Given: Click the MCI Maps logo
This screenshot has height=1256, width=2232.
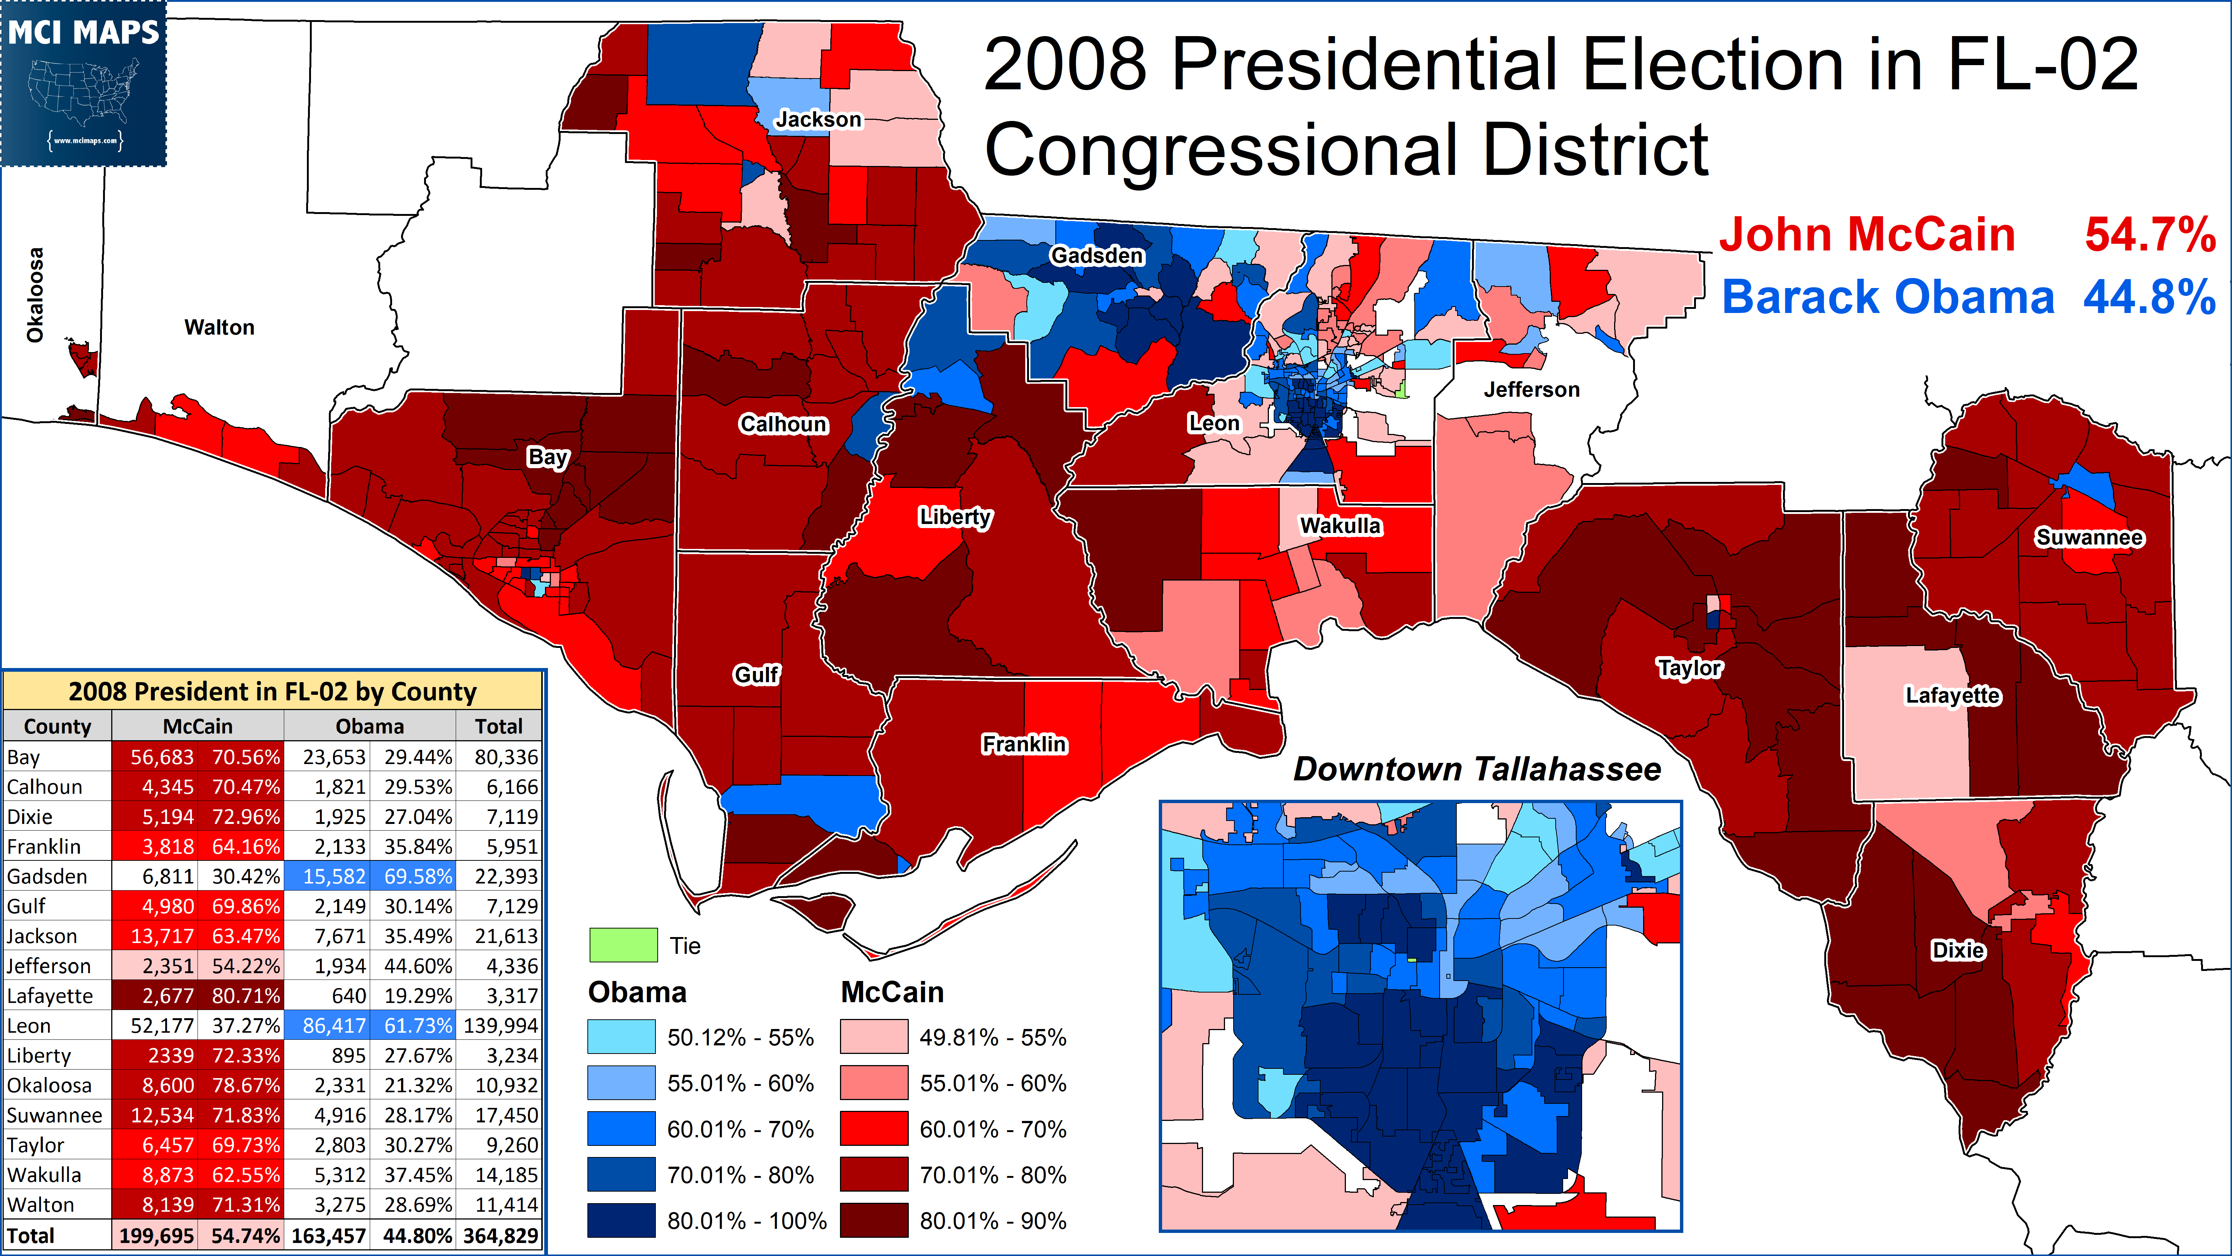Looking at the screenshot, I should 84,83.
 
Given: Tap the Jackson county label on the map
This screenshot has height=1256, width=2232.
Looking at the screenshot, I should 818,119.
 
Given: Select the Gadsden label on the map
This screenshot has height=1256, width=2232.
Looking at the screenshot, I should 1097,256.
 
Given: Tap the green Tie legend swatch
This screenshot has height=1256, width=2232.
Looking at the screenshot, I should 623,945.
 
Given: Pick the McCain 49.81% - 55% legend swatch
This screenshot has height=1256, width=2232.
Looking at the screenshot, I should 873,1037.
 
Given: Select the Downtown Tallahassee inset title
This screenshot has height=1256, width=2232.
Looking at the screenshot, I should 1476,769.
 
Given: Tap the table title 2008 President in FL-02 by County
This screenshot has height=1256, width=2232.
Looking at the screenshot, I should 273,692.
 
